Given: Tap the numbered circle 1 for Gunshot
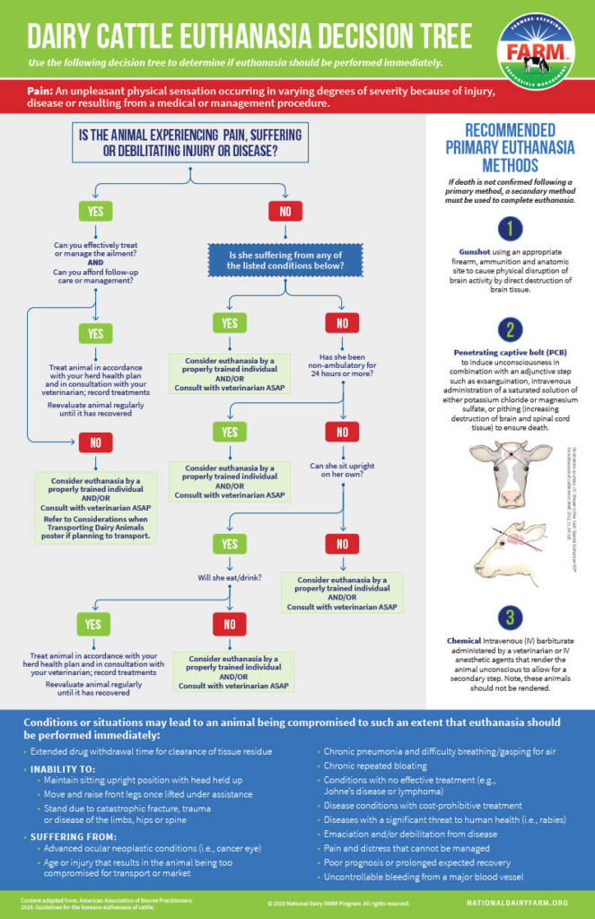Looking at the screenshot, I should tap(508, 230).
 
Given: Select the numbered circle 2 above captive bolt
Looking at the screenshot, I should tap(508, 329).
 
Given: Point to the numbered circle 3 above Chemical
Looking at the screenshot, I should tap(508, 617).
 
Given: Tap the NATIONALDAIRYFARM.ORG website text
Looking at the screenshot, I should tap(520, 902).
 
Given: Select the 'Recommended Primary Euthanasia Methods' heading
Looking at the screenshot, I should tap(509, 146).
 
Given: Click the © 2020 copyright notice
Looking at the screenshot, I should tap(338, 902).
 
